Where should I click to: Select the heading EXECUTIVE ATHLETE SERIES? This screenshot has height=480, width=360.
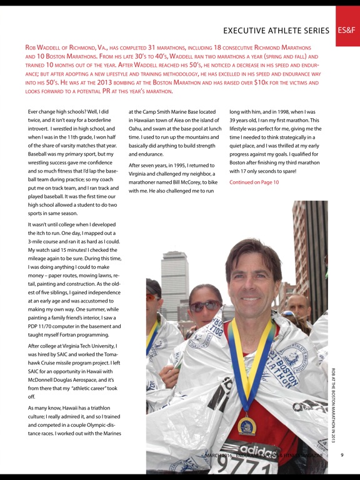pos(276,30)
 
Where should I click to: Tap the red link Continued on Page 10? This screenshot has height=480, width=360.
pos(254,182)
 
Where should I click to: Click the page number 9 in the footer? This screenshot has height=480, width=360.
pos(342,455)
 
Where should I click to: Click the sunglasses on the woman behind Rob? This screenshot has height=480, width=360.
pos(204,306)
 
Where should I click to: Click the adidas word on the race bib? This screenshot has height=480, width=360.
pos(259,451)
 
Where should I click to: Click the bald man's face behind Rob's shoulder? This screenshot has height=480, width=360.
pos(299,307)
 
